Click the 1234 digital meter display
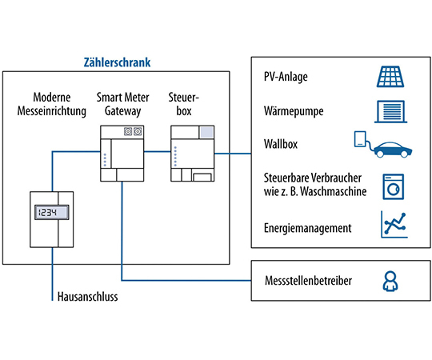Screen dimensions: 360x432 (x=51, y=214)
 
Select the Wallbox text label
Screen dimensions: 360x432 (x=280, y=147)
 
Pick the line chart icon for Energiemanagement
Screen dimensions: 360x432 (x=391, y=225)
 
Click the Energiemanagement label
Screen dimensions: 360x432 (x=307, y=228)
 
